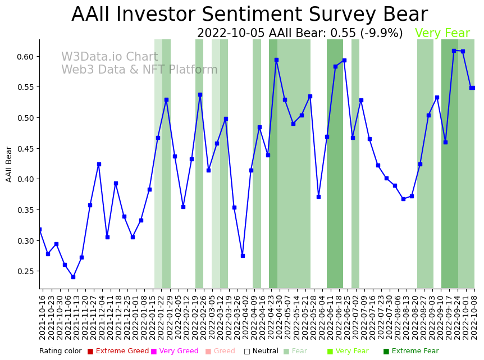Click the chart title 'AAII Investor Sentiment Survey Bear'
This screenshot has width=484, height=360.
pyautogui.click(x=249, y=15)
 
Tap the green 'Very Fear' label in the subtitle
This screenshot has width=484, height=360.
pyautogui.click(x=442, y=34)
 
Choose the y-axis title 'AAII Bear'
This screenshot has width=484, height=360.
pyautogui.click(x=9, y=164)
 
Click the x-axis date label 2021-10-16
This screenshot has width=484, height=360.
pyautogui.click(x=42, y=317)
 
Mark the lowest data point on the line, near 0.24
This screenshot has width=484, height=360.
pyautogui.click(x=73, y=277)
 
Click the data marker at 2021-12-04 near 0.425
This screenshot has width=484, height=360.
pyautogui.click(x=99, y=164)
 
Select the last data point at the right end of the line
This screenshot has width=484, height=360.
pyautogui.click(x=472, y=88)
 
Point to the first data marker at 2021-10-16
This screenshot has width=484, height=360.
pyautogui.click(x=39, y=229)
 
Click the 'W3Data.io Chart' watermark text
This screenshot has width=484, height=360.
pyautogui.click(x=109, y=57)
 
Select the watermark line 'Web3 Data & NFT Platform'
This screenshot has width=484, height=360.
pyautogui.click(x=139, y=70)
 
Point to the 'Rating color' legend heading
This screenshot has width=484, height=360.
pyautogui.click(x=60, y=352)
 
